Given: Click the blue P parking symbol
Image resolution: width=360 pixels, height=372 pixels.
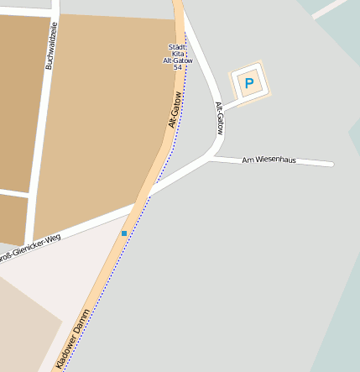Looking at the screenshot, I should [248, 82].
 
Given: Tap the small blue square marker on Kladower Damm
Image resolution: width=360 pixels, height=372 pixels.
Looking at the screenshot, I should [124, 233].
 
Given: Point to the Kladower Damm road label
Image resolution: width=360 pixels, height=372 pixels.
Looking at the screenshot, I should [73, 339].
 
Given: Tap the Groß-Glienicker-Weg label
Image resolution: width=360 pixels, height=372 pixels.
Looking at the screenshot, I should [30, 250].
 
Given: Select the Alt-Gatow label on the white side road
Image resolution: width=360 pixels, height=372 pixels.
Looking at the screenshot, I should [220, 118].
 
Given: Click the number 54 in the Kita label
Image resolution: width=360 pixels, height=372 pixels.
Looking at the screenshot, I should [178, 67].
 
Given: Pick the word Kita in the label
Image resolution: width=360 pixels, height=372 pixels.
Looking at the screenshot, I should [178, 54].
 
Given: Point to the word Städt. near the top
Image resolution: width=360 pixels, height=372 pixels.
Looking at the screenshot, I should [177, 47].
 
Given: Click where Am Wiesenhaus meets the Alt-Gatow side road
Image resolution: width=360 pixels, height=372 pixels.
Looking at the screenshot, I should [213, 156].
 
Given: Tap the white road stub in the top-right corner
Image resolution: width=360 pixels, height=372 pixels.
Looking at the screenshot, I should [329, 8].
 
